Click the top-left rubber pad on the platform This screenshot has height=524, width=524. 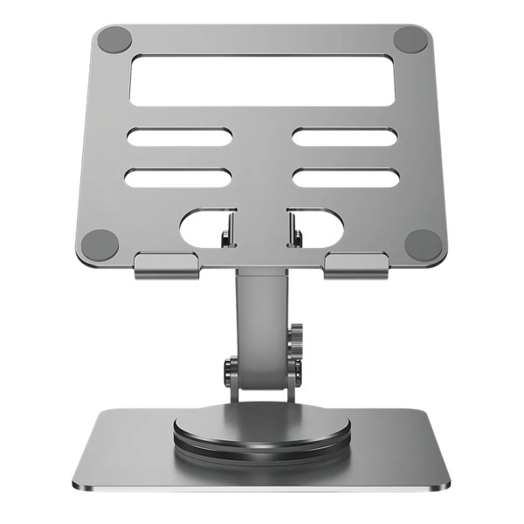(x=114, y=39)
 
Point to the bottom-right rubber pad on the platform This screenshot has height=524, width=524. (x=422, y=242)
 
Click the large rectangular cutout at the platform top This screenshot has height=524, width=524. (x=261, y=79)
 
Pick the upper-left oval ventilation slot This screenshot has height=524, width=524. (x=179, y=137)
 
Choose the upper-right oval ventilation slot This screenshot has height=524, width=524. (x=344, y=137)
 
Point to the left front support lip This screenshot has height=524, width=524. (x=167, y=265)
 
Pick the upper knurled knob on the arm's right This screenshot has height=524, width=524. (x=297, y=337)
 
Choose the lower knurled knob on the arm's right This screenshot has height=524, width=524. (x=296, y=367)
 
